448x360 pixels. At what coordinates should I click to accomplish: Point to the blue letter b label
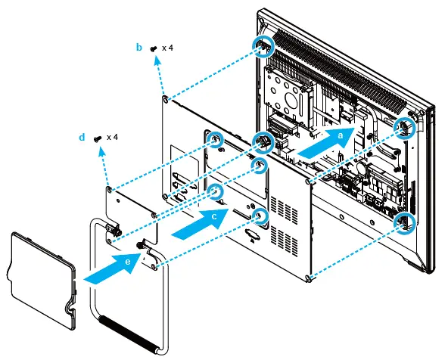[x=138, y=48]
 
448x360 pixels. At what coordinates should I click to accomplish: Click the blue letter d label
[x=82, y=138]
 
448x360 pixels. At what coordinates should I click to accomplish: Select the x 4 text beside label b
[x=167, y=48]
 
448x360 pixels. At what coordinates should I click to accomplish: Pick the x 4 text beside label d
[x=112, y=138]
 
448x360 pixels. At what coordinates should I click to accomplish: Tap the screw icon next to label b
[x=154, y=48]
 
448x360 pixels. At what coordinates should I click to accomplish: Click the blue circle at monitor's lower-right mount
[x=403, y=221]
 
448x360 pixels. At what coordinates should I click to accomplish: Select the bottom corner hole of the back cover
[x=309, y=278]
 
